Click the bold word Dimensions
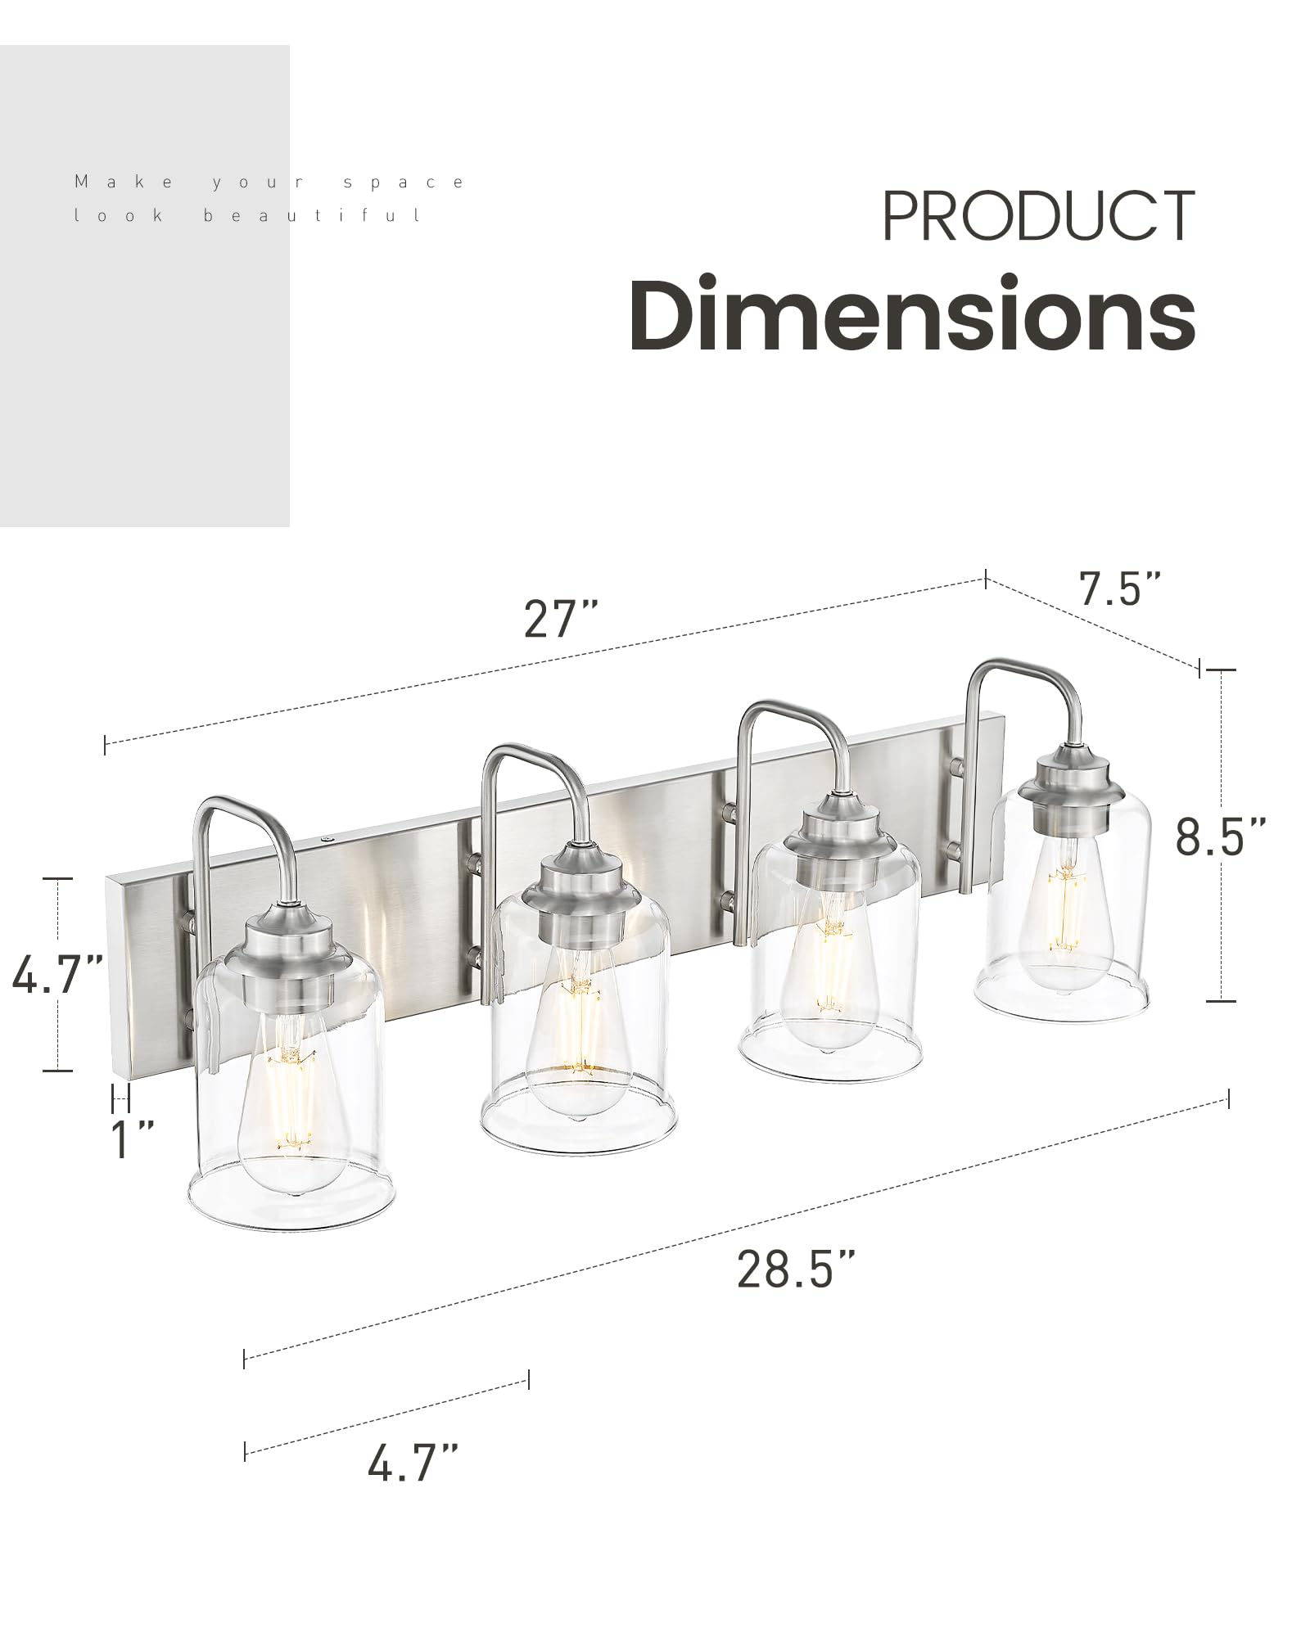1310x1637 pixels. click(x=912, y=314)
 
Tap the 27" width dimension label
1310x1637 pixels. click(x=561, y=619)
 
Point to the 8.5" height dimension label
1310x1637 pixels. click(x=1220, y=836)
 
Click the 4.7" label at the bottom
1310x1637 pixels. click(x=413, y=1463)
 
